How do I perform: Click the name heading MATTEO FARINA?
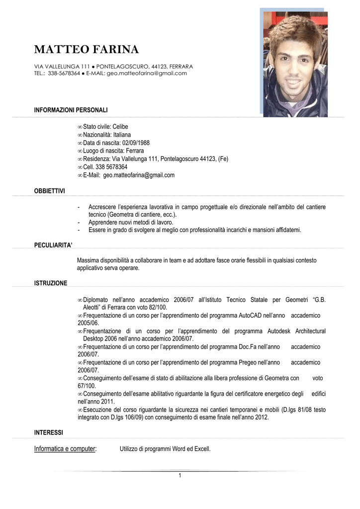tap(87, 50)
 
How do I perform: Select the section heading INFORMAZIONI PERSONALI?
tap(71, 110)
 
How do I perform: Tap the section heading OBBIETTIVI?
tap(49, 191)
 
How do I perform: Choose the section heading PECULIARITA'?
tap(53, 245)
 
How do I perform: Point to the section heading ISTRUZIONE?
tap(50, 283)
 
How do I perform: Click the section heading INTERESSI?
tap(48, 433)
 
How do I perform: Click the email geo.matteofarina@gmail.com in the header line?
tap(147, 74)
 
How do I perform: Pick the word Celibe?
tap(120, 127)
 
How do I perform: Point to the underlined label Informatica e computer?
tap(65, 449)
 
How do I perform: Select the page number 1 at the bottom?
tap(180, 476)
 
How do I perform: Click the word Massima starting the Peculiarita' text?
tap(88, 260)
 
